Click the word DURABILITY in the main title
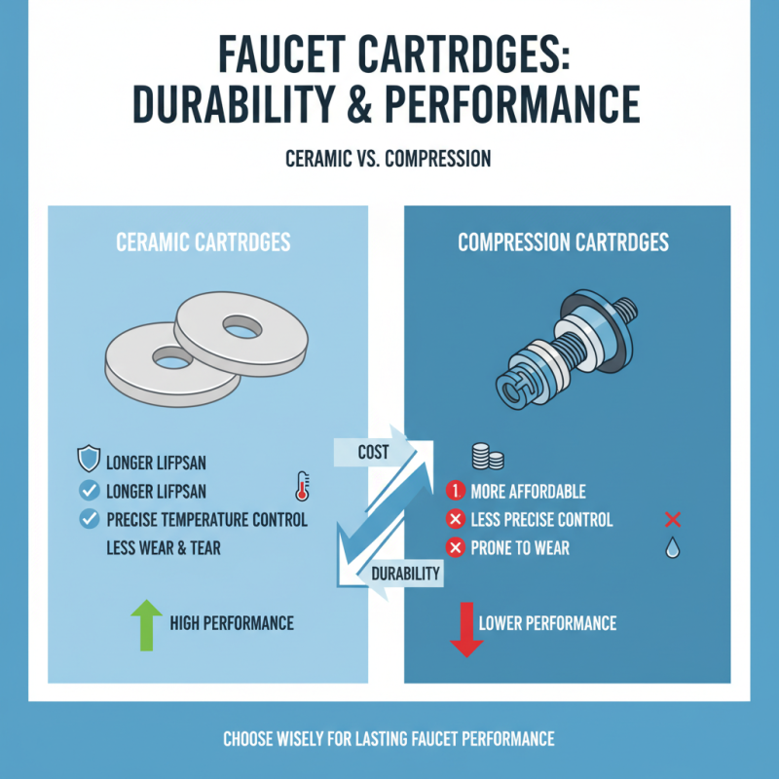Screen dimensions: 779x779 click(233, 104)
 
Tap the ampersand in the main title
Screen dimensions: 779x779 click(359, 104)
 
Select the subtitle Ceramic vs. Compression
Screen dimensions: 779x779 click(388, 159)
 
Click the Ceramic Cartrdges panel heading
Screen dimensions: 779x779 click(204, 242)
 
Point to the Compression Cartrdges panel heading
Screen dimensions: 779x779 click(564, 242)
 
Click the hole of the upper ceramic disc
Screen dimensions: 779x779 click(241, 327)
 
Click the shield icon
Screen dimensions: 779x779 click(89, 459)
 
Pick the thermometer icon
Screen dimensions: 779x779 click(302, 486)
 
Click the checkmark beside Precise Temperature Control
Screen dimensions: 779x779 click(90, 520)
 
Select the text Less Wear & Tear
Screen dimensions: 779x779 click(164, 548)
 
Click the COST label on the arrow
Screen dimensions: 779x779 click(373, 452)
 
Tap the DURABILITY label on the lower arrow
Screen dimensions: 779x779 click(405, 574)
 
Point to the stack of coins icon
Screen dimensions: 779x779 click(488, 457)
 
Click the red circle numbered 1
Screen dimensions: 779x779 click(455, 491)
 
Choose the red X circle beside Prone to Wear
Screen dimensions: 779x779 click(455, 548)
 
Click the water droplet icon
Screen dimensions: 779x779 click(672, 547)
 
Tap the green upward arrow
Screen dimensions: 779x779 click(147, 625)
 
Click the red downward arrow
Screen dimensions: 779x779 click(466, 629)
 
